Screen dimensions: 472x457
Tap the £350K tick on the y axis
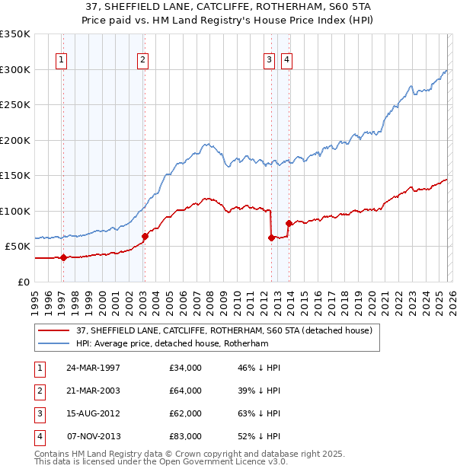pos(15,34)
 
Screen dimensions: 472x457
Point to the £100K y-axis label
pos(15,211)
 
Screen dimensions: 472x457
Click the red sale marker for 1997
pos(64,257)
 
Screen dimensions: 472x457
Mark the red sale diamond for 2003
pos(145,236)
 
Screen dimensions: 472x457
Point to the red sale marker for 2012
pos(271,238)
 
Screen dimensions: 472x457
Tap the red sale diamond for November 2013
pos(289,223)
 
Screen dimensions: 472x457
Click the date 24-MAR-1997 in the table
pos(93,368)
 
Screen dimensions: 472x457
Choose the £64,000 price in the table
pos(186,391)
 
